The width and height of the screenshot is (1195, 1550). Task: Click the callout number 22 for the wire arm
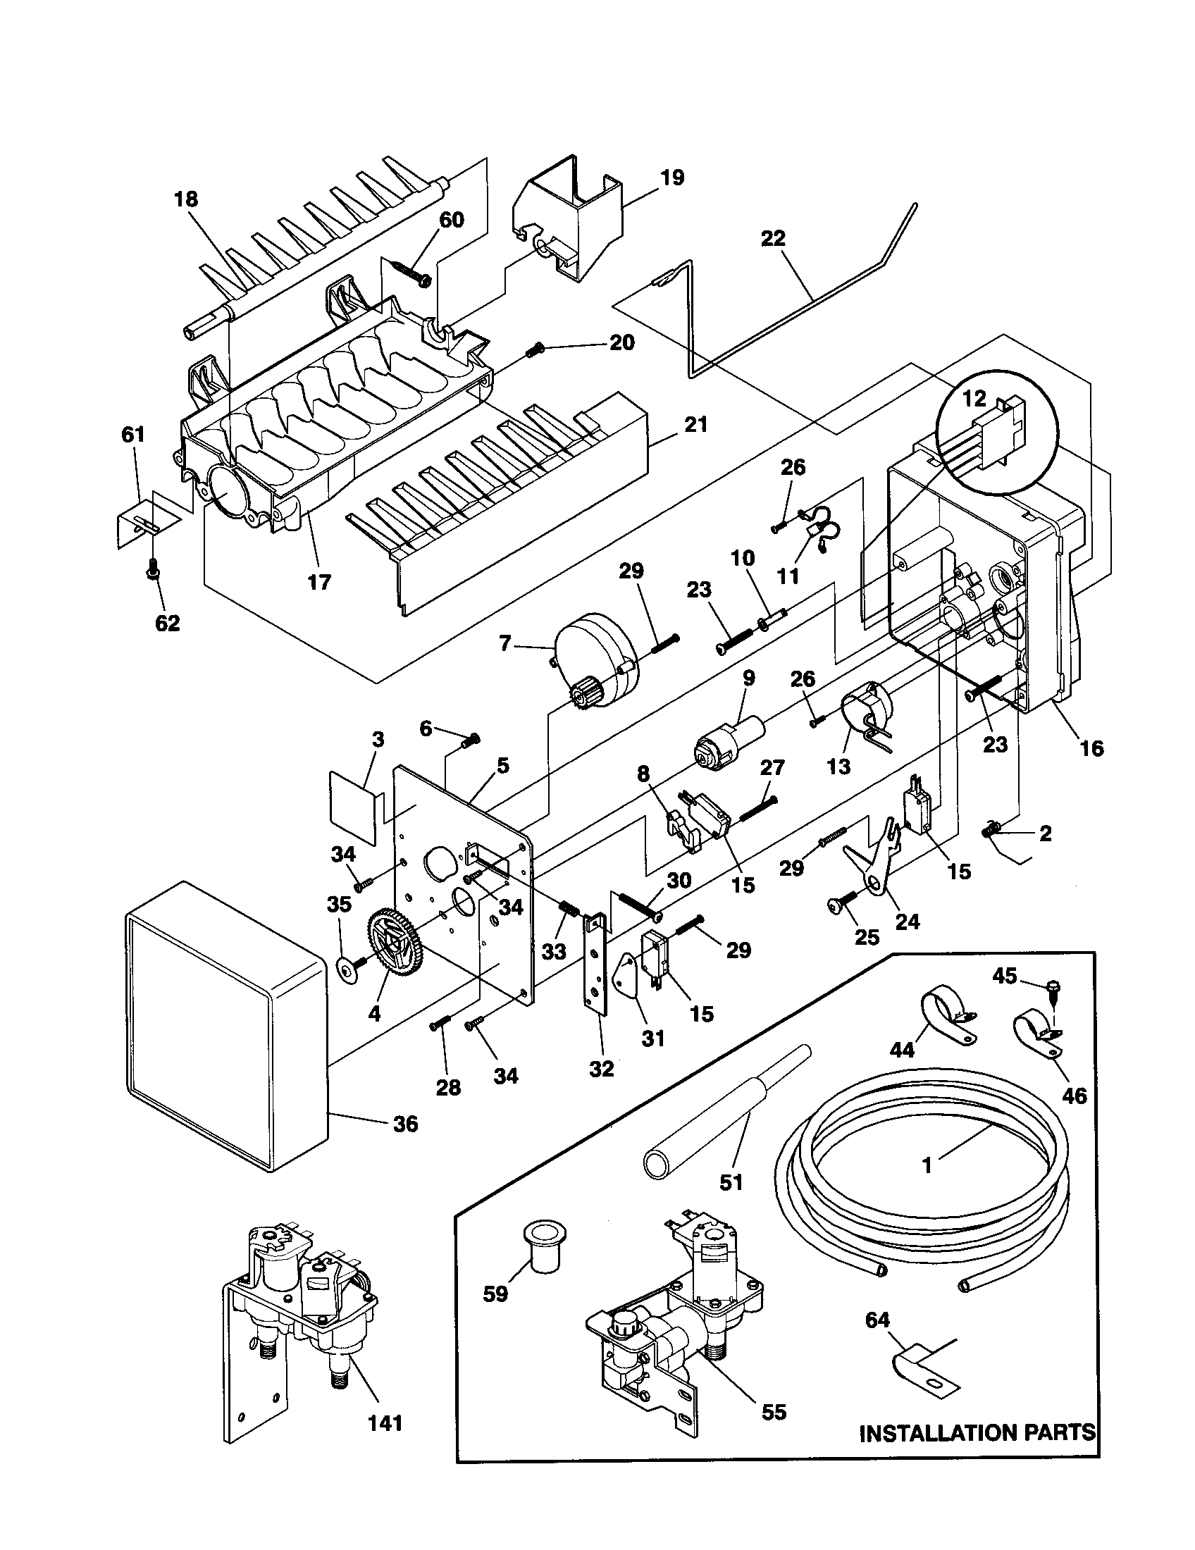coord(773,238)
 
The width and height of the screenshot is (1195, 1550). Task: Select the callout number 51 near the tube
coord(731,1182)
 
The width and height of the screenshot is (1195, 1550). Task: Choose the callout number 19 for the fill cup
coord(672,178)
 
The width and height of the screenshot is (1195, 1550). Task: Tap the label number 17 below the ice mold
coord(319,582)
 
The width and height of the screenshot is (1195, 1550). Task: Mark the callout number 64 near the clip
coord(877,1320)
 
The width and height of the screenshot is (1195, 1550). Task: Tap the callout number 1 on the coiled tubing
coord(927,1165)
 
